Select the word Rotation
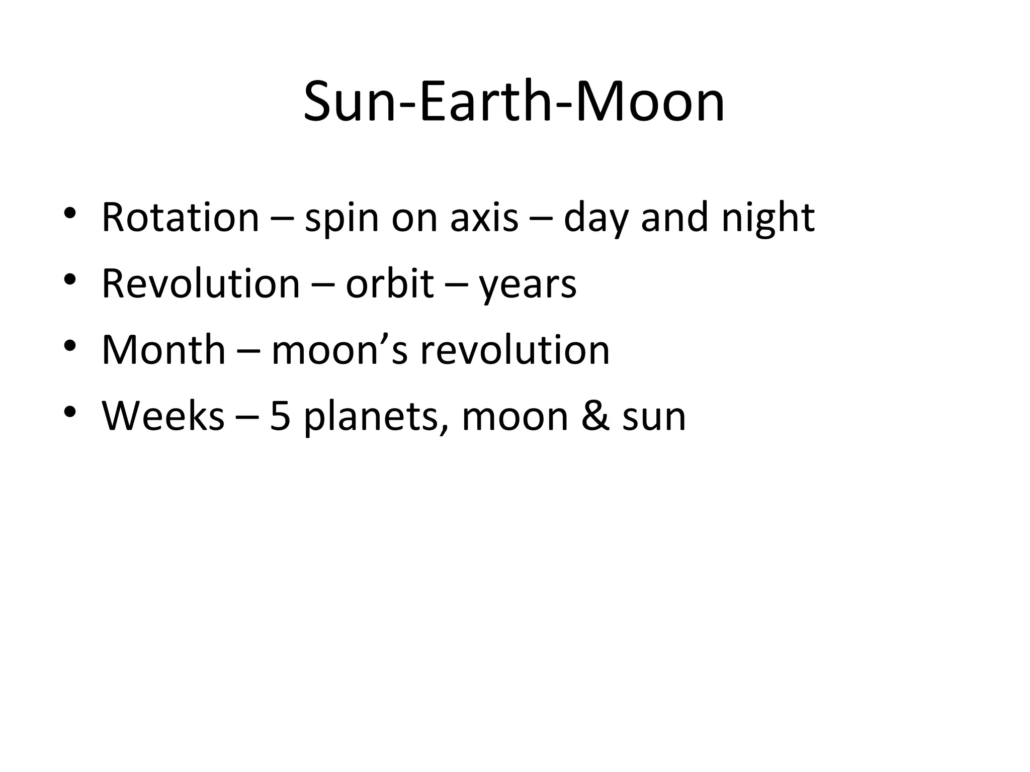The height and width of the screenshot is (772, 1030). pos(180,217)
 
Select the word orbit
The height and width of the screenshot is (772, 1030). pos(390,283)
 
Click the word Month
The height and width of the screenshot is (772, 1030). pos(163,350)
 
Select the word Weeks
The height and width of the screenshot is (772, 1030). pos(163,416)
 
